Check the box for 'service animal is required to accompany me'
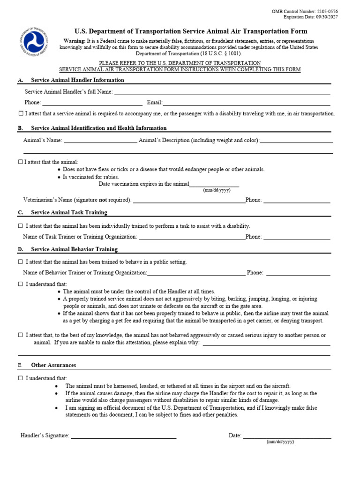(21, 114)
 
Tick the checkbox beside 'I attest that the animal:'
(21, 162)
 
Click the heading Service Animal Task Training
(69, 212)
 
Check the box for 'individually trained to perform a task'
(21, 226)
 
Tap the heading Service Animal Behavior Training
(74, 249)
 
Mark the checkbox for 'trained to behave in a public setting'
(21, 262)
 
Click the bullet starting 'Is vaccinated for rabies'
(91, 177)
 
